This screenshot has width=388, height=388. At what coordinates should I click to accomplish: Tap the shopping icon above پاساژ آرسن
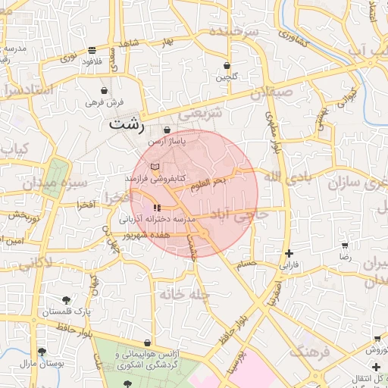coord(167,130)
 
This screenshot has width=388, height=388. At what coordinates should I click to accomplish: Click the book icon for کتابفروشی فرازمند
coord(155,166)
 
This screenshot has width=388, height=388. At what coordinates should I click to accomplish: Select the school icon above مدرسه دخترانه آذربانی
coord(157,207)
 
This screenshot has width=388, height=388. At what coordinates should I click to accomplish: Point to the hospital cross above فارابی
coord(289,254)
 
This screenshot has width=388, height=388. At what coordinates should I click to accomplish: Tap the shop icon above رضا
coord(346,246)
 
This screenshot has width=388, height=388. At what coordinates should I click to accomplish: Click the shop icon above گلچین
coord(227,65)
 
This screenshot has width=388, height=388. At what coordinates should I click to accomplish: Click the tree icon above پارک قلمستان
coord(66,300)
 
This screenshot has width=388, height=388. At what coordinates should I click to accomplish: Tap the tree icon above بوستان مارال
coord(41,352)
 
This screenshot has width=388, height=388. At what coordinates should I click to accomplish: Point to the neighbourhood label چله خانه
coord(184,293)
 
